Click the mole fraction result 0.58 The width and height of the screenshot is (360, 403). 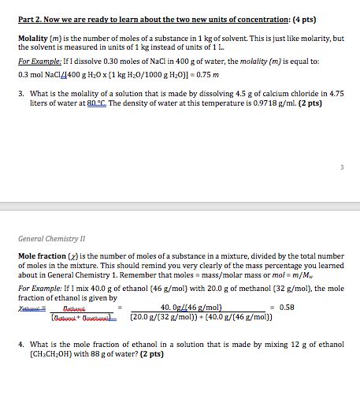coord(287,308)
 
